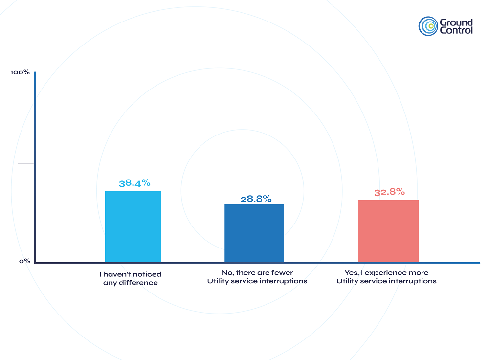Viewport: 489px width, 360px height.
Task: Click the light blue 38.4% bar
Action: (x=133, y=226)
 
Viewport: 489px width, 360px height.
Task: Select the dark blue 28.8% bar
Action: (x=254, y=233)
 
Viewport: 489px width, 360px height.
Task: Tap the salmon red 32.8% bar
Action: (x=388, y=230)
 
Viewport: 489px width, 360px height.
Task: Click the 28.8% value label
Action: (x=255, y=199)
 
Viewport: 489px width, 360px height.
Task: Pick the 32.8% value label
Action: (x=389, y=192)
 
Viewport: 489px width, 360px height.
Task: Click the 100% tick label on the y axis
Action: (x=20, y=73)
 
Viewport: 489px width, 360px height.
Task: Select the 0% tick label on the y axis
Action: (x=24, y=261)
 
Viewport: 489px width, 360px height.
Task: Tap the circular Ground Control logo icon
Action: (x=428, y=26)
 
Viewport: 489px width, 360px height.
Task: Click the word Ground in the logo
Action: (x=456, y=22)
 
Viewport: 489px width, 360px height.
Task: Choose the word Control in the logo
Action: (x=456, y=30)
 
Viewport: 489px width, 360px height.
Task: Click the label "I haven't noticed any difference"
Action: (x=130, y=278)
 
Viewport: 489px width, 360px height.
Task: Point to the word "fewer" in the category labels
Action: (x=282, y=273)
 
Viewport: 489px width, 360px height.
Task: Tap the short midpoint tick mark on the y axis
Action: (x=26, y=163)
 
